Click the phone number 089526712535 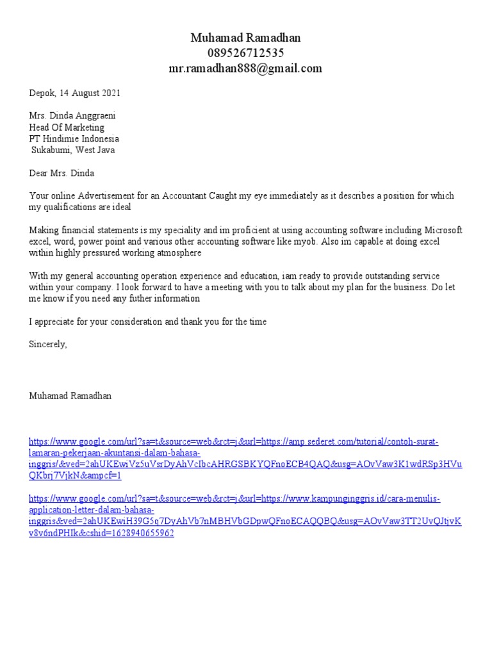[x=245, y=53]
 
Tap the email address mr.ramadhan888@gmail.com [x=245, y=69]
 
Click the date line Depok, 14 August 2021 [x=74, y=93]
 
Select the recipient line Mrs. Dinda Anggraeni [x=72, y=116]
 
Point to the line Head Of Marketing [x=67, y=127]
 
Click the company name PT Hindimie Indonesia [x=74, y=139]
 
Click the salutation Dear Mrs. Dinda [x=61, y=174]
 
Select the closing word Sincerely [x=47, y=345]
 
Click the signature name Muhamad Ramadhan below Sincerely [x=70, y=396]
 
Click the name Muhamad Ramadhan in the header [x=245, y=38]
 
